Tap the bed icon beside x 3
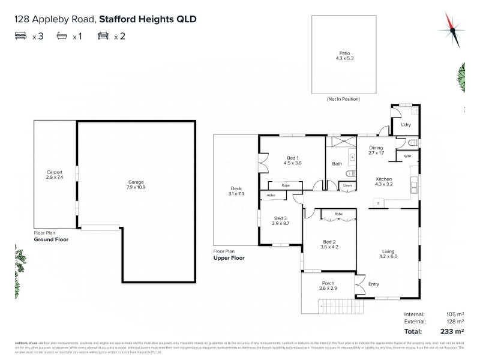[22, 37]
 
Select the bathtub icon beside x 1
[62, 37]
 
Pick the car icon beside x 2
[103, 37]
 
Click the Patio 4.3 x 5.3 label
[343, 56]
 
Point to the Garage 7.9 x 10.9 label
[136, 184]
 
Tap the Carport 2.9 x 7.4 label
[55, 175]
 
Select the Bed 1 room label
[292, 160]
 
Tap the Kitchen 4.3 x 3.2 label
[384, 182]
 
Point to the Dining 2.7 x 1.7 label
[376, 150]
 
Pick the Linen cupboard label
[347, 186]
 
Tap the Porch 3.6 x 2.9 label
[328, 286]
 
